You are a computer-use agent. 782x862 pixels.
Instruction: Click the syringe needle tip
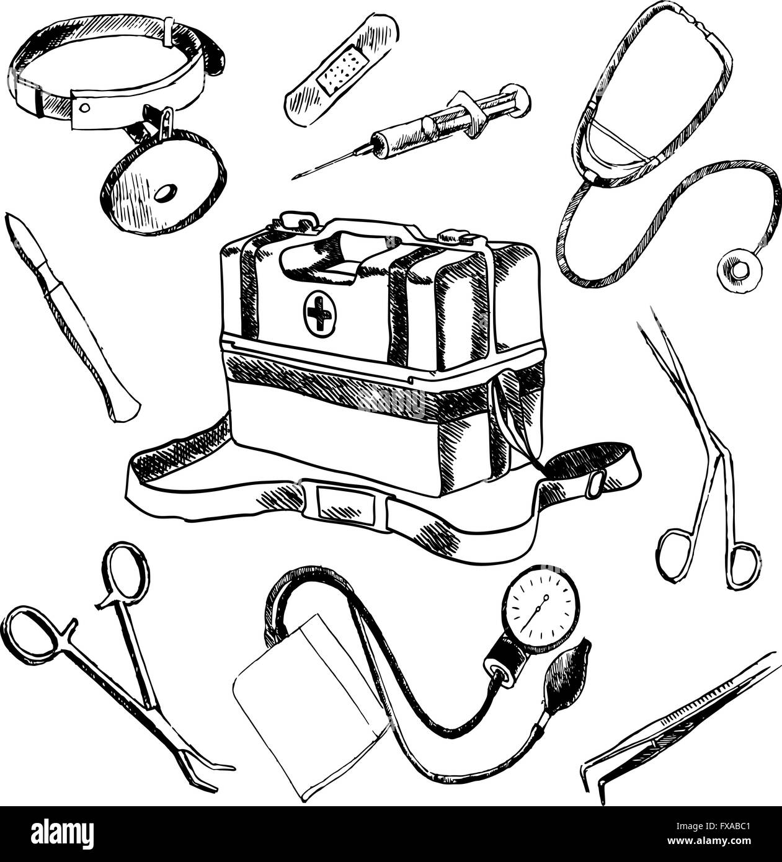tap(293, 179)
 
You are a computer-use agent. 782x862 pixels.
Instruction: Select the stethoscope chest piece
tap(739, 269)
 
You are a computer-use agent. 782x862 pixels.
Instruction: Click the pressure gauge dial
tap(540, 613)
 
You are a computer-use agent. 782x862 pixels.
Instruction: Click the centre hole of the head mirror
tap(166, 193)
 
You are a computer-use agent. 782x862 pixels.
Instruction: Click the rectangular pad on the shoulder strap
tap(344, 505)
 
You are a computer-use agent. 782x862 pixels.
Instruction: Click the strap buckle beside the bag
tap(595, 484)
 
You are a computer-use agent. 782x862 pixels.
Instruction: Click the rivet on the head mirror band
tap(85, 107)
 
